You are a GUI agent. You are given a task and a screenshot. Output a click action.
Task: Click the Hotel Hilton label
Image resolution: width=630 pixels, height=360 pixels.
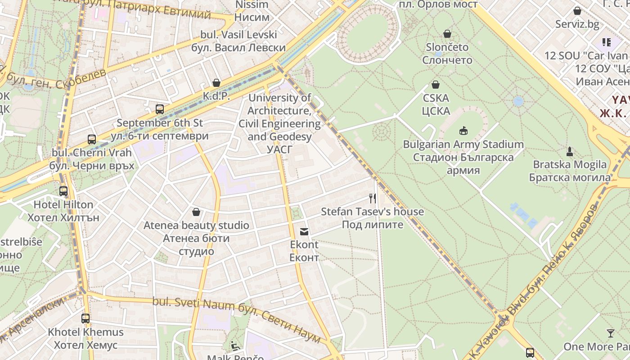[x=63, y=211]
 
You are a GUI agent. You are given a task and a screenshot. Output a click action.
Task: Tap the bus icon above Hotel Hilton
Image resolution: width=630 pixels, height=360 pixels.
[x=63, y=191]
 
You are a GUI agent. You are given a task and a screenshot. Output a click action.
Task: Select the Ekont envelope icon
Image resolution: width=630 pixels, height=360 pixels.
[x=304, y=232]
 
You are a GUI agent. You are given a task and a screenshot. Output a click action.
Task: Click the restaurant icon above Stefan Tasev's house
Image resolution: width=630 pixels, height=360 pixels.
[x=372, y=198]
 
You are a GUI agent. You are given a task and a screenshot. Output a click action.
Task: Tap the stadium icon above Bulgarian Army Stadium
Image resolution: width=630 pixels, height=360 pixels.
[x=463, y=131]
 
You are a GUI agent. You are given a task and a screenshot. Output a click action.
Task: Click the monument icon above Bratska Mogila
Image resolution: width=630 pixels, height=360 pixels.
[x=570, y=151]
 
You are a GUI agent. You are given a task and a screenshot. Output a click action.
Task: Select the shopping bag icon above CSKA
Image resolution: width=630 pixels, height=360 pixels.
[x=436, y=85]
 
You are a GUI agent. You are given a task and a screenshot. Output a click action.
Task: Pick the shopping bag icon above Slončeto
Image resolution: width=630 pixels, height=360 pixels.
[x=447, y=34]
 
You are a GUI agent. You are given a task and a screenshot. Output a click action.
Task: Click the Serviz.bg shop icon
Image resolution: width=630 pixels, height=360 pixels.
[x=577, y=11]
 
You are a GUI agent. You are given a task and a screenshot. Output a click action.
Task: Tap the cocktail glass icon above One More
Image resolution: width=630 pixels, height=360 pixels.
[x=611, y=333]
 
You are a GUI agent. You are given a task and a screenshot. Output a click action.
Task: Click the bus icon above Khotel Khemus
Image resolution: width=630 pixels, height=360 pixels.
[x=85, y=319]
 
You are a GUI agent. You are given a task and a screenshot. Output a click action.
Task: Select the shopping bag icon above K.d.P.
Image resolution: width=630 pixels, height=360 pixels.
[x=216, y=83]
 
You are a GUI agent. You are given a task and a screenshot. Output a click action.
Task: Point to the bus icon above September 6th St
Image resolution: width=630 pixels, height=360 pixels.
[x=159, y=109]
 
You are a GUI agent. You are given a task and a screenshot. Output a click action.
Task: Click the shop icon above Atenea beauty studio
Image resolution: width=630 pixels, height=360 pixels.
[x=196, y=212]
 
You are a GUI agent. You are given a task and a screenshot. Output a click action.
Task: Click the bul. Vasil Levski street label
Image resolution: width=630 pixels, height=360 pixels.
[x=238, y=41]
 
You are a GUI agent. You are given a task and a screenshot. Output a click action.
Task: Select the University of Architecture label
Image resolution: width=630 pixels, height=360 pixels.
[x=279, y=117]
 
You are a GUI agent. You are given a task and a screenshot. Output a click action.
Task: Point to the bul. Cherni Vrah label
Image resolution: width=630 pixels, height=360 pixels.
[x=92, y=159]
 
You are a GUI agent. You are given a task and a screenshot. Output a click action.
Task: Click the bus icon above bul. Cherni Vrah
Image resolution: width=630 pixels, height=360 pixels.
[x=92, y=139]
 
